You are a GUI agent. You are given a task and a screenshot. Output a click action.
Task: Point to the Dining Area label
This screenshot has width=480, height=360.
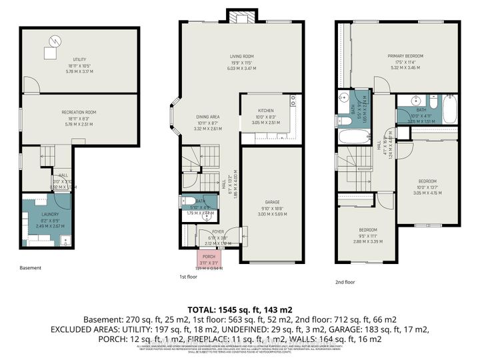tap(207, 117)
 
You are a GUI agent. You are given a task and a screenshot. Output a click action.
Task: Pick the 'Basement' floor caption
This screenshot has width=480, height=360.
tap(30, 268)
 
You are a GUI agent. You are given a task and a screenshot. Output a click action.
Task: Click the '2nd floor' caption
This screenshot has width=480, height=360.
tap(345, 282)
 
